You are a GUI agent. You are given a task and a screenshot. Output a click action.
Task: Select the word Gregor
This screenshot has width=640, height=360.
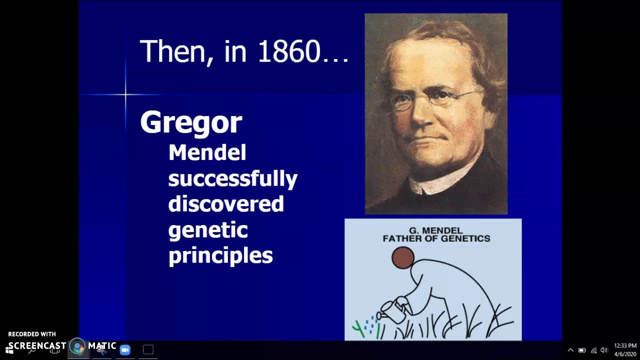click(191, 122)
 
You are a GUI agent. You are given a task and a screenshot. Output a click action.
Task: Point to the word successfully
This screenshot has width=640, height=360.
click(232, 178)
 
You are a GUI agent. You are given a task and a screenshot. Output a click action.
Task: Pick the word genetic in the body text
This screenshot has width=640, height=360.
click(207, 230)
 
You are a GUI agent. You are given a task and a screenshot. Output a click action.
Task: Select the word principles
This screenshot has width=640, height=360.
click(220, 255)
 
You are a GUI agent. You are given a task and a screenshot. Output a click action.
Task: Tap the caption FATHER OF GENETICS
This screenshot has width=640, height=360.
click(436, 238)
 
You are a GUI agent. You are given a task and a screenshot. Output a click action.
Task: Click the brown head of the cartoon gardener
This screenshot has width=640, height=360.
click(403, 258)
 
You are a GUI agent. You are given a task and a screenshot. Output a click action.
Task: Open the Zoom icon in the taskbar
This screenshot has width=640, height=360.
click(125, 349)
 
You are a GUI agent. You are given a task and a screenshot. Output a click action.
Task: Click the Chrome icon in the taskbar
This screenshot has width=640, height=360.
click(77, 346)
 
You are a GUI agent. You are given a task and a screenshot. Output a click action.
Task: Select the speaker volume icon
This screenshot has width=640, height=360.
click(604, 350)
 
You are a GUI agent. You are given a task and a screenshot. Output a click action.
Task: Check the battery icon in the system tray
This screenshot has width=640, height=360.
click(582, 350)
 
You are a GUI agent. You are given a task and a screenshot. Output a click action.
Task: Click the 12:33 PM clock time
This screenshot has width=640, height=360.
click(625, 346)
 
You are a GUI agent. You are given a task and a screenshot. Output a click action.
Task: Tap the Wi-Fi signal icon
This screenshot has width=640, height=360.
click(593, 350)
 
